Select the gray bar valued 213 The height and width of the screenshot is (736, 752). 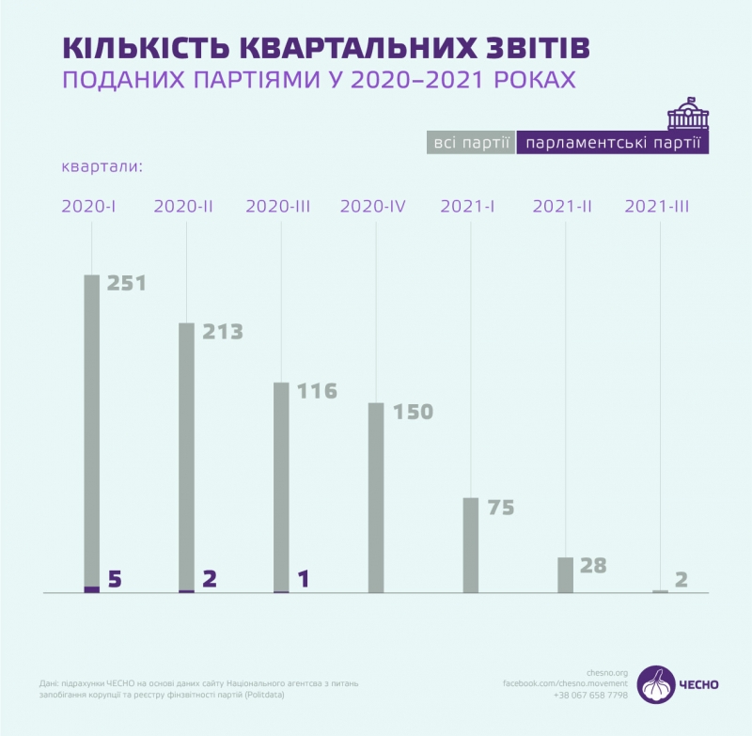click(x=187, y=456)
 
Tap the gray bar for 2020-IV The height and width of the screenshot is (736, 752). click(x=376, y=498)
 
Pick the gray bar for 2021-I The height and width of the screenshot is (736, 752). click(x=471, y=545)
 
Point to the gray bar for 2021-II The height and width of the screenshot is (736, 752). click(x=565, y=575)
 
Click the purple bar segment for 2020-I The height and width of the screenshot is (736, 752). click(x=92, y=589)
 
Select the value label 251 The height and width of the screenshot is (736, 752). click(x=127, y=283)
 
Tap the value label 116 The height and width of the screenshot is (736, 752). click(x=316, y=390)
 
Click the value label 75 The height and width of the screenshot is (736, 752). click(x=502, y=508)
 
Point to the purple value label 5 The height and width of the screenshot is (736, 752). click(x=116, y=579)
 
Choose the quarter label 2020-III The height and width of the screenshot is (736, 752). click(x=277, y=207)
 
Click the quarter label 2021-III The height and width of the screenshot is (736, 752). click(x=657, y=207)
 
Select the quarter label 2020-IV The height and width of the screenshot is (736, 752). click(x=373, y=207)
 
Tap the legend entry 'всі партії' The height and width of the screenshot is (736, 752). click(x=470, y=143)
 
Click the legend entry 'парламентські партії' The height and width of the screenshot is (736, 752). click(x=614, y=143)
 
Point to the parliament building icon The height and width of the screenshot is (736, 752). click(x=688, y=114)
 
